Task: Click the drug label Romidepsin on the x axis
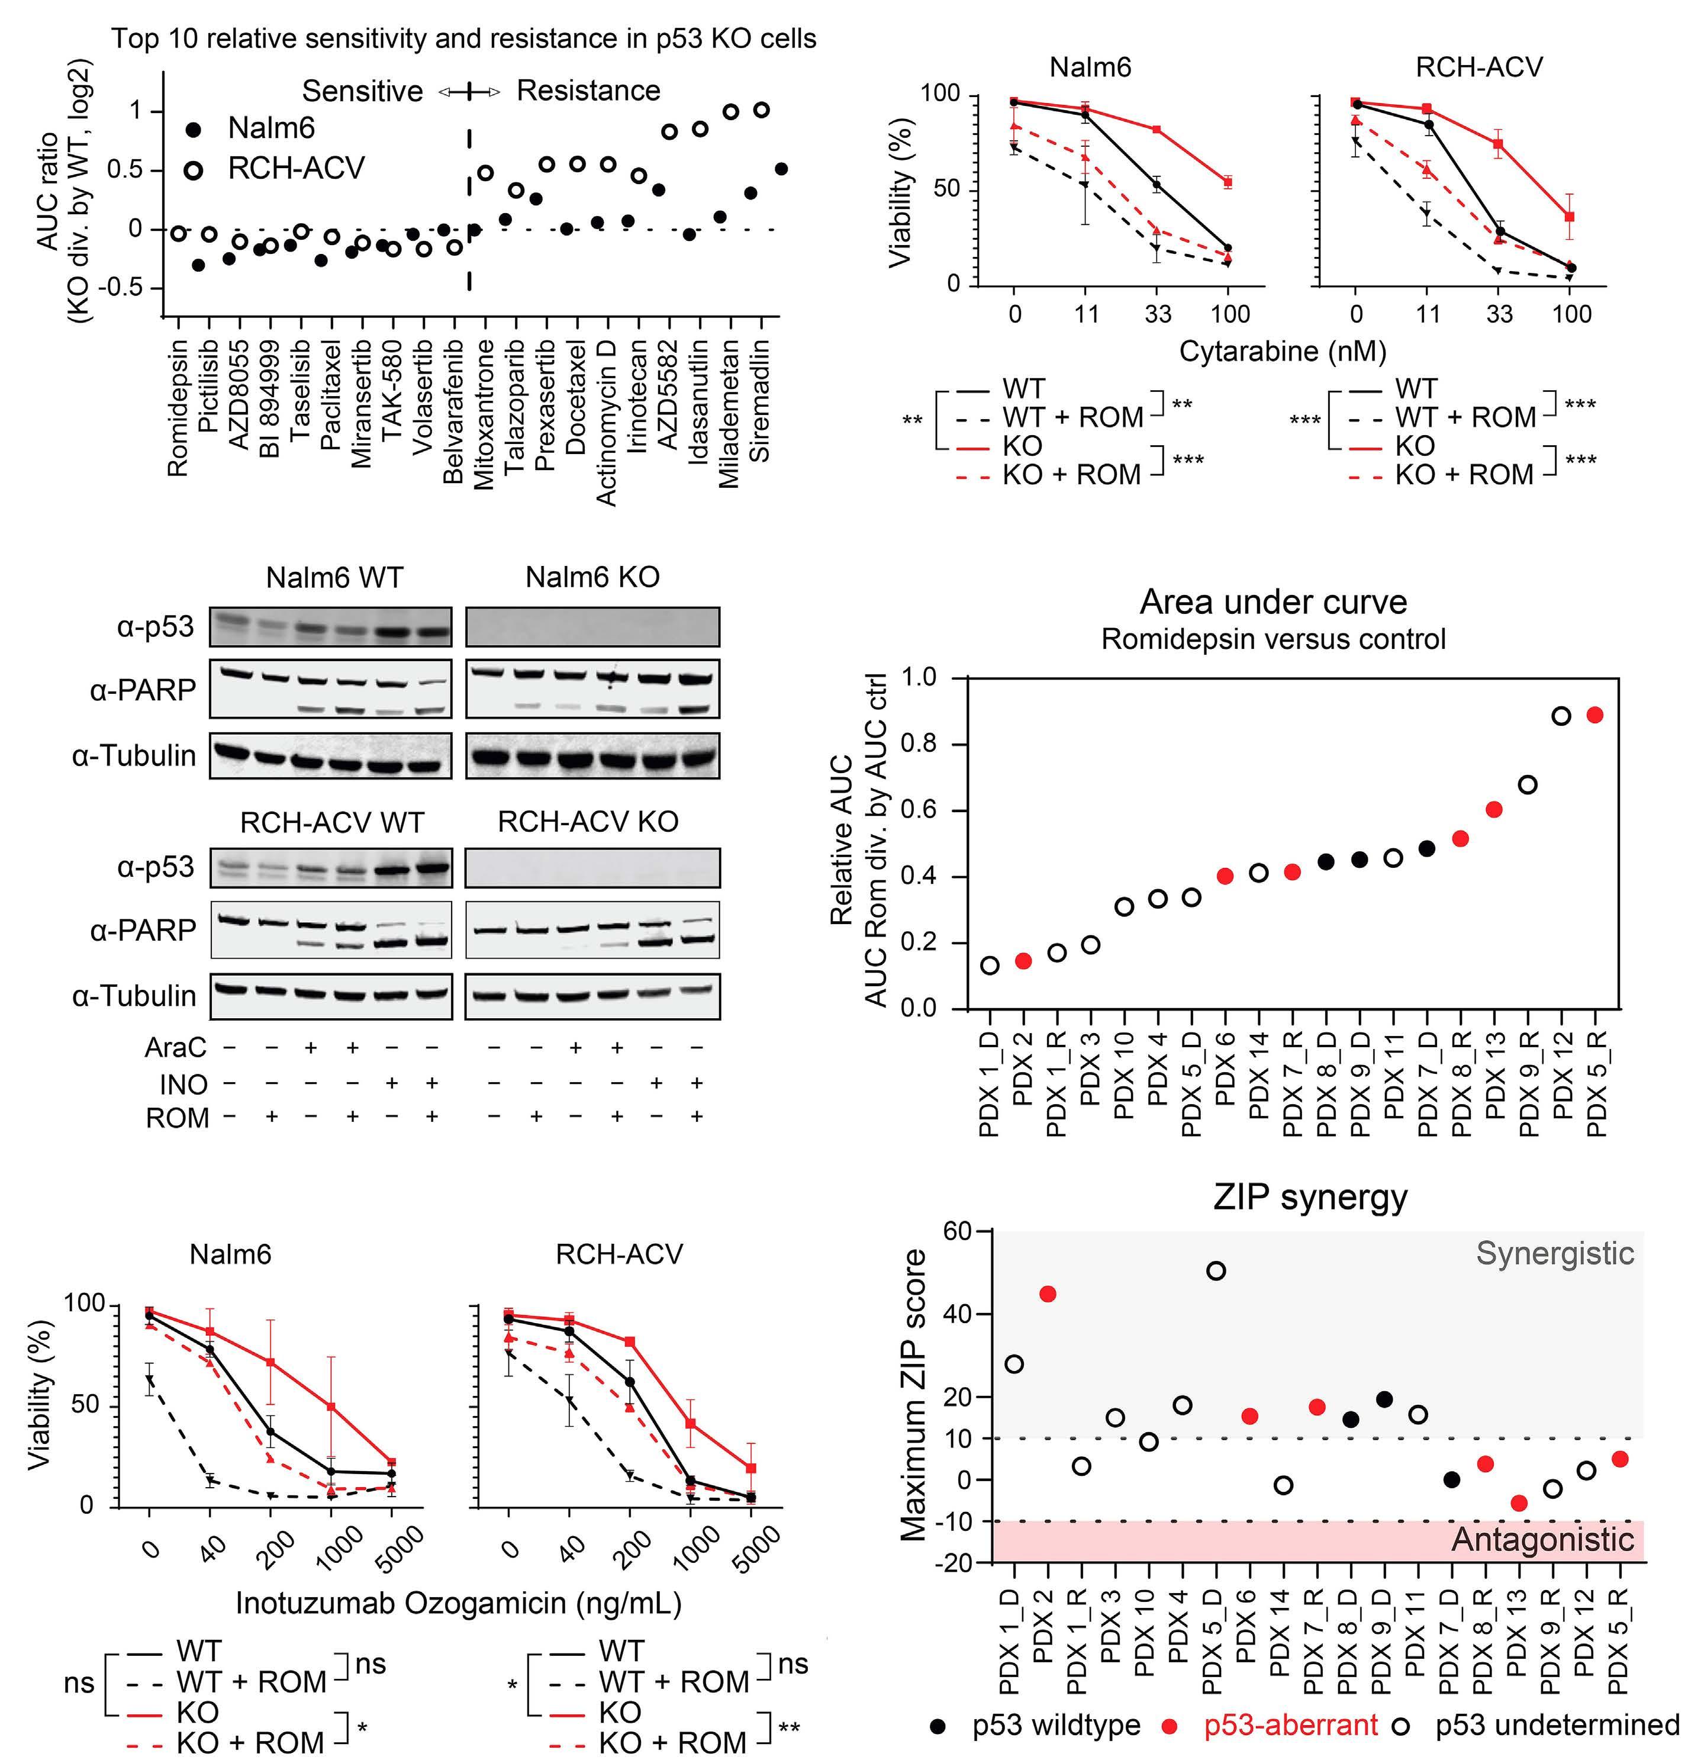[x=178, y=407]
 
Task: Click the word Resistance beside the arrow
[x=588, y=91]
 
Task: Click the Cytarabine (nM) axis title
[x=1282, y=351]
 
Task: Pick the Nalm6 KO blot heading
[x=592, y=577]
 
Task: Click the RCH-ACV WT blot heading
[x=332, y=822]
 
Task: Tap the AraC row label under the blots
[x=176, y=1047]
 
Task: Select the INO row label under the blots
[x=183, y=1085]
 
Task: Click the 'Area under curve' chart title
[x=1273, y=601]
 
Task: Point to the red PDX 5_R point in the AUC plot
[x=1594, y=715]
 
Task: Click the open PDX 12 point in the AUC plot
[x=1561, y=716]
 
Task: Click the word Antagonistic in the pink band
[x=1542, y=1539]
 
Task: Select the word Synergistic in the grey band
[x=1555, y=1254]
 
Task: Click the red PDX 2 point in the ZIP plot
[x=1047, y=1294]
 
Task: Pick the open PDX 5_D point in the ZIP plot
[x=1216, y=1270]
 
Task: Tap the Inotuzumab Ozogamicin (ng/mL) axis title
[x=458, y=1603]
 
